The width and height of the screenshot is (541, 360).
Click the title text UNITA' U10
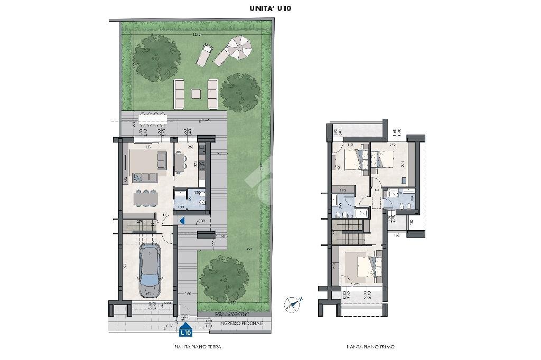(270, 8)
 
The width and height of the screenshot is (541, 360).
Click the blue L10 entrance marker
(185, 331)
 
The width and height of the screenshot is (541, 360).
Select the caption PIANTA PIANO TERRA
(198, 347)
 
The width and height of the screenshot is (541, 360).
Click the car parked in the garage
(150, 270)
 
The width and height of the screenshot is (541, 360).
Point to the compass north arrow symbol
(292, 303)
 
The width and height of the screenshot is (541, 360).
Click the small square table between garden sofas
(196, 94)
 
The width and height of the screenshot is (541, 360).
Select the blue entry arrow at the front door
(181, 221)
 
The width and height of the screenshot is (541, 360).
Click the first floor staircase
(350, 227)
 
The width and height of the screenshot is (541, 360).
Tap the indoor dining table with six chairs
(145, 198)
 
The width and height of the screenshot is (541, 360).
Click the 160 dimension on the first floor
(396, 235)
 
